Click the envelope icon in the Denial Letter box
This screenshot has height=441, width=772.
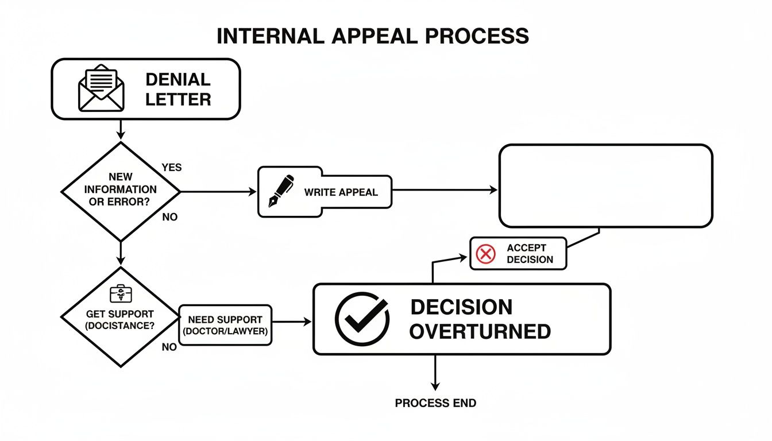[101, 89]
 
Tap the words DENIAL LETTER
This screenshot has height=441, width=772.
[178, 89]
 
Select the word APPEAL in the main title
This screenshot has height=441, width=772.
[372, 36]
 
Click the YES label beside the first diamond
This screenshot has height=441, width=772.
[171, 168]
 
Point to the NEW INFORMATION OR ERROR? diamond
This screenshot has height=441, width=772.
[120, 192]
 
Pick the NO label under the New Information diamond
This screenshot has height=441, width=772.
[169, 217]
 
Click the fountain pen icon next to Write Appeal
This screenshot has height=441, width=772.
[281, 191]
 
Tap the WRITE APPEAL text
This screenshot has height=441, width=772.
[341, 192]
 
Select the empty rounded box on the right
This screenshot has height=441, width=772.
[605, 186]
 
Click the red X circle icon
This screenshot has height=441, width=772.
[486, 254]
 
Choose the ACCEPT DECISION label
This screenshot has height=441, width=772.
[530, 254]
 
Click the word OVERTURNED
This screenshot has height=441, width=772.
[480, 331]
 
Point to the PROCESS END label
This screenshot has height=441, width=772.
[435, 403]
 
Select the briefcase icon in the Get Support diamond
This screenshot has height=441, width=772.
[121, 294]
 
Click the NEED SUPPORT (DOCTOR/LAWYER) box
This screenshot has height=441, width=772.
[225, 325]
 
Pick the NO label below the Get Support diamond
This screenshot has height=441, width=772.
[169, 347]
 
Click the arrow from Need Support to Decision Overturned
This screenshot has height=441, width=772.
[291, 322]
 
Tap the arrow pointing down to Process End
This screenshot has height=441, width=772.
[435, 373]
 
